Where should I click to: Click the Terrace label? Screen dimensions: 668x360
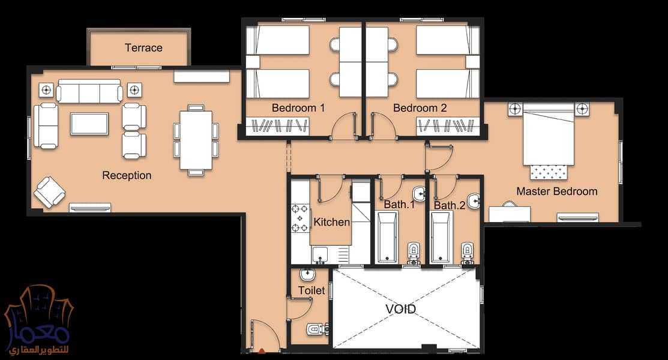click(143, 48)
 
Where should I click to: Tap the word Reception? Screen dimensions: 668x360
click(127, 175)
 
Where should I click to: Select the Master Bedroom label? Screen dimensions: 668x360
click(556, 191)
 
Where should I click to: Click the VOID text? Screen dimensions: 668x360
click(400, 308)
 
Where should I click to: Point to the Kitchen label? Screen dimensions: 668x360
click(331, 221)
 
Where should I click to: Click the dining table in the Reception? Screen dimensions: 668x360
click(196, 140)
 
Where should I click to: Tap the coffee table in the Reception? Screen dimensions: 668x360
click(89, 124)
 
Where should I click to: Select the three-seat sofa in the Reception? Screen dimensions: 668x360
click(89, 91)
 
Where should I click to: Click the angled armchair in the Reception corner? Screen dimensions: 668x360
click(49, 192)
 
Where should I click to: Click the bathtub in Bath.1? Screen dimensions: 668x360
click(387, 238)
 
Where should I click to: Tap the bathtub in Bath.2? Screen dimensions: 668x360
click(441, 238)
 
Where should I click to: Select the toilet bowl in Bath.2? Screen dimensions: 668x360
click(468, 252)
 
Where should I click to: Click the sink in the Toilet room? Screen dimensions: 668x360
click(307, 274)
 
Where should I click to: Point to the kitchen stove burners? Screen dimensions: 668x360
click(300, 218)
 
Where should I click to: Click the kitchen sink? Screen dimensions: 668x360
click(319, 255)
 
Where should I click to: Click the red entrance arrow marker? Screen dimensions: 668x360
click(262, 352)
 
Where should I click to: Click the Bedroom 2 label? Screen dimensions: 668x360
click(420, 108)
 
